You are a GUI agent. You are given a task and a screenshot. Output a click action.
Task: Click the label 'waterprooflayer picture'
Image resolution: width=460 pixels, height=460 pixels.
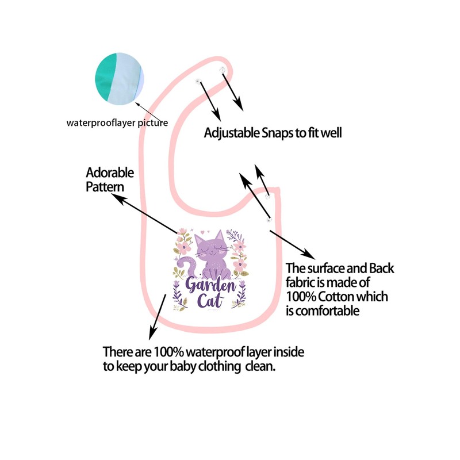point(117,122)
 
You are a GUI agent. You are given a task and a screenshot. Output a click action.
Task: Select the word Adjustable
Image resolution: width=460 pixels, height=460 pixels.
point(230,133)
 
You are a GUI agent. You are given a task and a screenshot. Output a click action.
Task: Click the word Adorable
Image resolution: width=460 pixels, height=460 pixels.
point(109,172)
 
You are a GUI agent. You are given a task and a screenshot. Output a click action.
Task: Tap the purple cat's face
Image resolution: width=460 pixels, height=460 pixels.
point(210,246)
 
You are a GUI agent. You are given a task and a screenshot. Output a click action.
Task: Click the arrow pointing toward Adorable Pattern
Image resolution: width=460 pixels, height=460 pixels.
point(144,213)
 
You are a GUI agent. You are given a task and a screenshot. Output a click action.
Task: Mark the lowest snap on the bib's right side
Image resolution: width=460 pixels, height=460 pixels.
point(268,218)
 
